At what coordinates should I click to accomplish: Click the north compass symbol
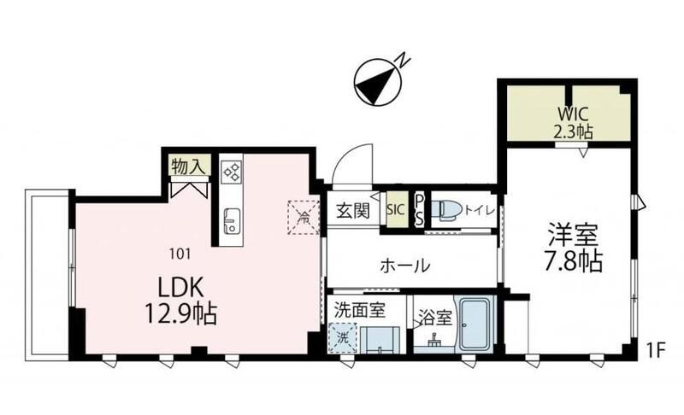pos(377,81)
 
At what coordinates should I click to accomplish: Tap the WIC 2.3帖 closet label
pos(569,121)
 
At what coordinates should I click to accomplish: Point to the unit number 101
pos(180,253)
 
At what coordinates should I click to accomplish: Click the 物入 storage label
pos(186,167)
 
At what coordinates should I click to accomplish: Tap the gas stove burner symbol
pos(231,172)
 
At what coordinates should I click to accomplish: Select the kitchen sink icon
pos(231,220)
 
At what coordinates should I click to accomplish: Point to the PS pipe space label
pos(419,209)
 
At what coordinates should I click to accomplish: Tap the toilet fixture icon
pos(447,209)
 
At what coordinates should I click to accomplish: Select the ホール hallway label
pos(404,266)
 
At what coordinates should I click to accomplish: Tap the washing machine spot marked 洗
pos(341,337)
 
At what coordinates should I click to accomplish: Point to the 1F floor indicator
pos(656,350)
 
